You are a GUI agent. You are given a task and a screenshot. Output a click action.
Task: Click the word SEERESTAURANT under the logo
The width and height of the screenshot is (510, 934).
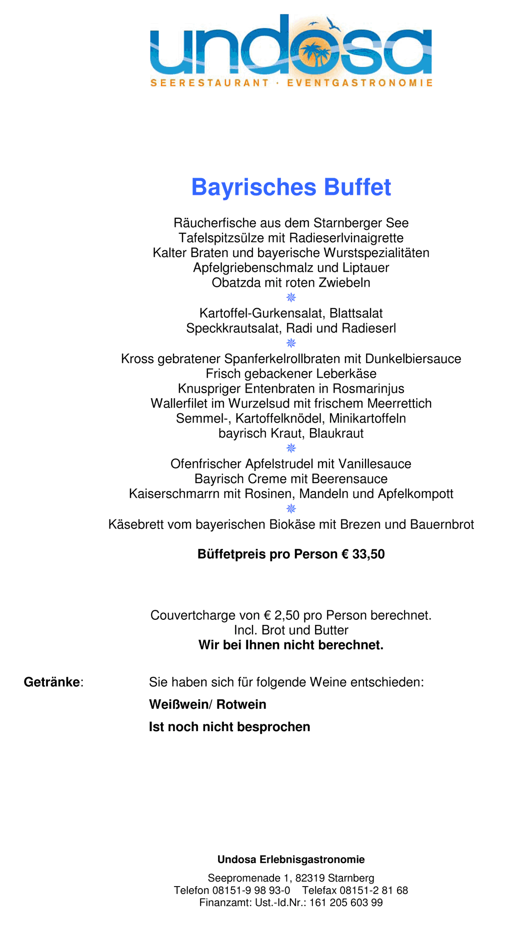(x=209, y=83)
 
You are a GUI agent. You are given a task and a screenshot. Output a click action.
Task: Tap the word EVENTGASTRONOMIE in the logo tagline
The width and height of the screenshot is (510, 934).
(x=359, y=83)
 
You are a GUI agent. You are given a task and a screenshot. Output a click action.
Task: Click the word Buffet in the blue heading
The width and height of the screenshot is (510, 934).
(x=357, y=187)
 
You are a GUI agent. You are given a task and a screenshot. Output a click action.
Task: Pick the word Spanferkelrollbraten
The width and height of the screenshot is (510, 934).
(x=293, y=359)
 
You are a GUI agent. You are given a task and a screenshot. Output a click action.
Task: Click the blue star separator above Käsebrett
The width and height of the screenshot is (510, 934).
(x=291, y=509)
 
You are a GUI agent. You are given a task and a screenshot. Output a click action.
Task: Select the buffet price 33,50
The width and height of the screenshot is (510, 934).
(x=368, y=554)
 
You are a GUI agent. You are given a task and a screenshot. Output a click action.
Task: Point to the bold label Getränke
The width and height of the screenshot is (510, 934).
(x=52, y=682)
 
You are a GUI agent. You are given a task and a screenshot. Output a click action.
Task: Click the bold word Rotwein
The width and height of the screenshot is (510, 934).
(x=241, y=705)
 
